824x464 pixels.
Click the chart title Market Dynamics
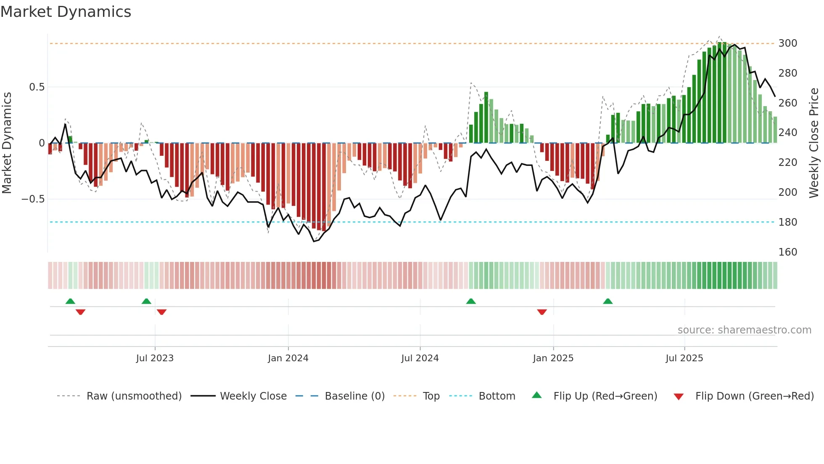pos(66,12)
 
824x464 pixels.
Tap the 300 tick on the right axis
pos(787,43)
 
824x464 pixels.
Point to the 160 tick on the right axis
pos(787,252)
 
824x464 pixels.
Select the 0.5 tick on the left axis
pos(37,87)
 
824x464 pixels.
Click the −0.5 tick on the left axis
pos(33,199)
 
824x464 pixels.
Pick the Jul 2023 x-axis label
pos(155,358)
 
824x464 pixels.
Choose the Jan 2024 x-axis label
pos(288,358)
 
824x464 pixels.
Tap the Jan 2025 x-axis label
pos(553,358)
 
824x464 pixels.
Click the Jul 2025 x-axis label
pos(684,358)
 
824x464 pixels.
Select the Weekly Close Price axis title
pos(814,143)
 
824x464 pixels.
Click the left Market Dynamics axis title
pos(7,143)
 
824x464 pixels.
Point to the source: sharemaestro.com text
pos(744,330)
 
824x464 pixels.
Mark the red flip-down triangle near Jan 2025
pos(542,312)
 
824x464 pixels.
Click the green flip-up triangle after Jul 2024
pos(471,301)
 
